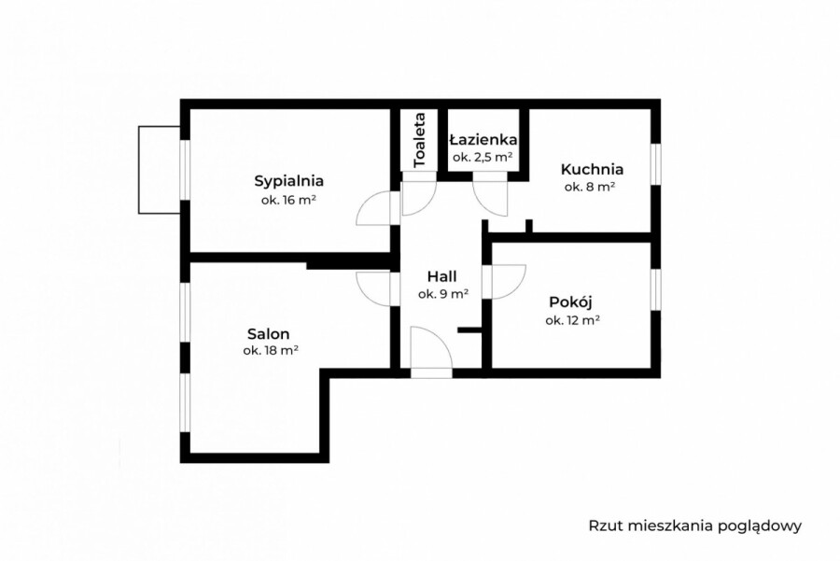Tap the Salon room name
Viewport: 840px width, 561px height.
tap(268, 333)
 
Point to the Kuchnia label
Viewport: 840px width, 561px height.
tap(592, 170)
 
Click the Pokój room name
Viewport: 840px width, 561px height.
tap(571, 302)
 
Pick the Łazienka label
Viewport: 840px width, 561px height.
tap(483, 139)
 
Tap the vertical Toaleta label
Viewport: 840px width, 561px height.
tap(420, 139)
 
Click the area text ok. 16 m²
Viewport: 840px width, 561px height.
tap(288, 200)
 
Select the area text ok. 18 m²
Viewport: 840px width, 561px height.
tap(270, 351)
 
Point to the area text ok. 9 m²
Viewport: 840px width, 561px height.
tap(442, 294)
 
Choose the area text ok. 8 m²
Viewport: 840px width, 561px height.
tap(590, 187)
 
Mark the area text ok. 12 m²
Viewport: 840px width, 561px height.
tap(572, 319)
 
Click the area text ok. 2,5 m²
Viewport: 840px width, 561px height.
tap(483, 157)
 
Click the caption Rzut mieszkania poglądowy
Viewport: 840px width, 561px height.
tap(695, 526)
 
